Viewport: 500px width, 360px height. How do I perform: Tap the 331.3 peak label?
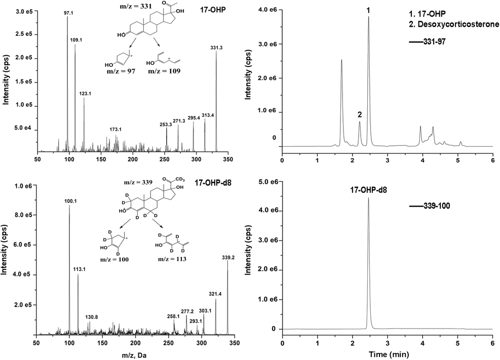point(216,48)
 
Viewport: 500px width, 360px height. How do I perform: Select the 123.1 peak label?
point(85,94)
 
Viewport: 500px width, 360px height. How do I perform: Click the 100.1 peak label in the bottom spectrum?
point(70,201)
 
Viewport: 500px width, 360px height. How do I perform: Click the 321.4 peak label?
point(216,293)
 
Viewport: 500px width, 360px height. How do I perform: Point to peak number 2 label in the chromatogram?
point(359,114)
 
